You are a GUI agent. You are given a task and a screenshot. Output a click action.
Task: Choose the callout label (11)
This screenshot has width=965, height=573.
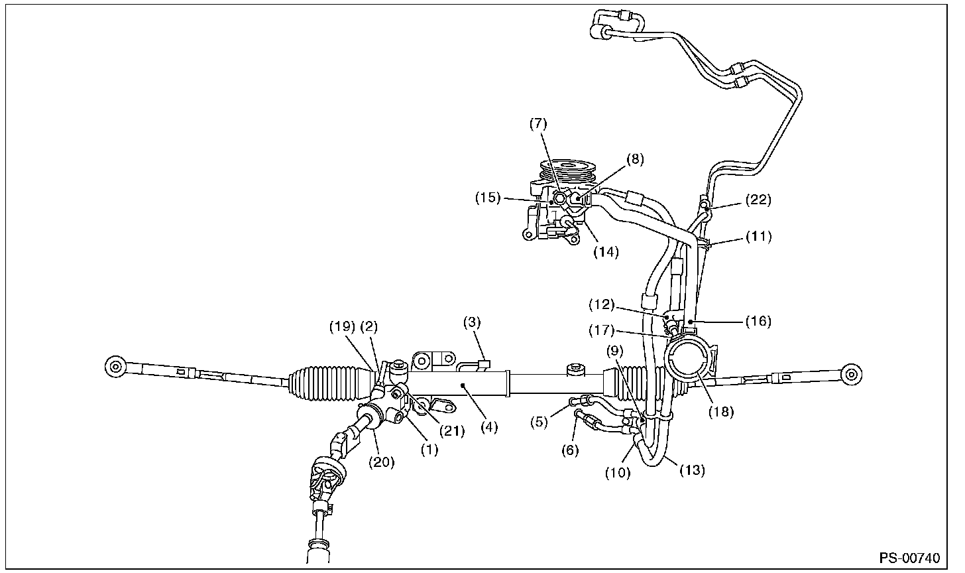click(758, 235)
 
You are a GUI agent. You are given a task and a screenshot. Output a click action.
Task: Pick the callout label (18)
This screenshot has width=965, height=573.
click(721, 411)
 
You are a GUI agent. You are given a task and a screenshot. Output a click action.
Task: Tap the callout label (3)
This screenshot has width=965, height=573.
click(472, 323)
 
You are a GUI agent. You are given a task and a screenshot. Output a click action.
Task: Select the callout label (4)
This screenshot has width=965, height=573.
click(489, 428)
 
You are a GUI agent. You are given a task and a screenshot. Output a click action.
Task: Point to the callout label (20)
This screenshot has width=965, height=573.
click(382, 463)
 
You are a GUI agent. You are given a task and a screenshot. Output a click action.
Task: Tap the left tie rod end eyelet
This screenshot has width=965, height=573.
click(114, 365)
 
